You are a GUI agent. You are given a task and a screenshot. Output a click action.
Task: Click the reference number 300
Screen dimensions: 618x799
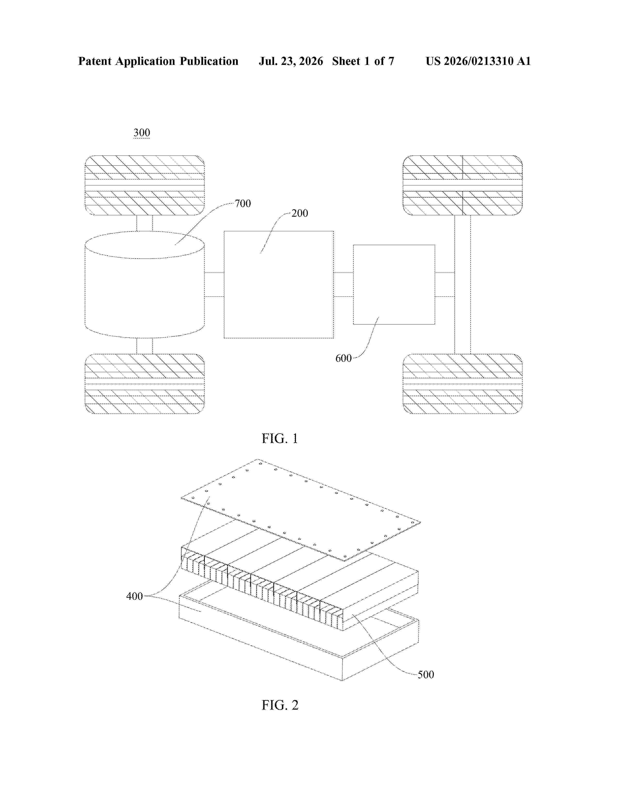(142, 132)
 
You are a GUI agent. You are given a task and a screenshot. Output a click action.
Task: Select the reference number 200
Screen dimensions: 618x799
(300, 213)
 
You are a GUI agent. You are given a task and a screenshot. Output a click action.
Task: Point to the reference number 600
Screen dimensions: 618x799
(343, 358)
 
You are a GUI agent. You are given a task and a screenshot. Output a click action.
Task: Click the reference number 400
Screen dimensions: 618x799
(134, 596)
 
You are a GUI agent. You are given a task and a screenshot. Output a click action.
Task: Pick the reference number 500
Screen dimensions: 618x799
(426, 675)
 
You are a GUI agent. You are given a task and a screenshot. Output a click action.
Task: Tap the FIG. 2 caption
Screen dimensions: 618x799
(280, 705)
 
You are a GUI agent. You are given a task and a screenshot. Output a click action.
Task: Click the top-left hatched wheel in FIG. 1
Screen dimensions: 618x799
(145, 185)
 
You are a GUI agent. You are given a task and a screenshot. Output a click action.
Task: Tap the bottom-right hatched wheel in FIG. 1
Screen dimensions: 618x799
(462, 384)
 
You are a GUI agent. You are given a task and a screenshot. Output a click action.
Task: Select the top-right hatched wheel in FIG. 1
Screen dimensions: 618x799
(462, 185)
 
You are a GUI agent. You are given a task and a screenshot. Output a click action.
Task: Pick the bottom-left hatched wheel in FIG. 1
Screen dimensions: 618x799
(145, 384)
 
